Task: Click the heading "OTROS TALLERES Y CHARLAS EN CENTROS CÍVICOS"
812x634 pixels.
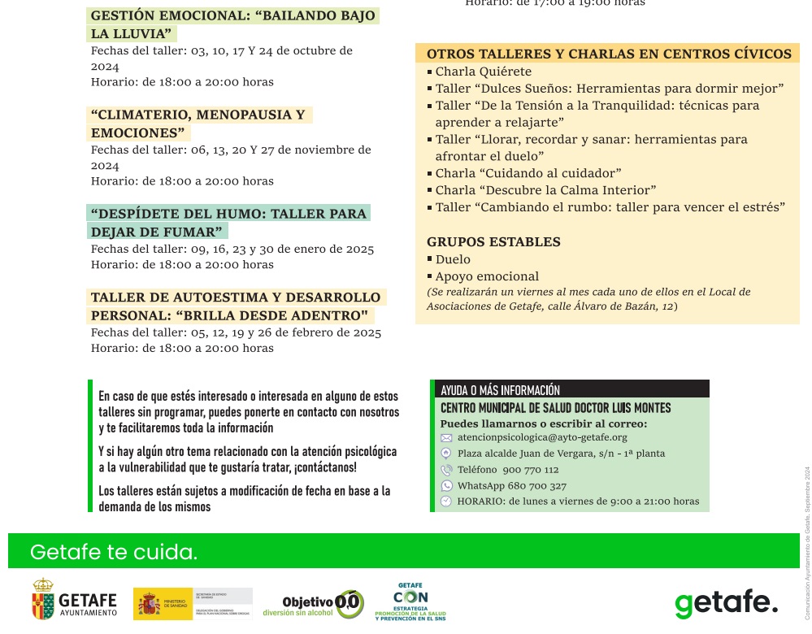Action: coord(609,54)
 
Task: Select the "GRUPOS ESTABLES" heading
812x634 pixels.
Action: coord(493,241)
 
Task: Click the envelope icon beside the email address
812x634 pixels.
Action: coord(446,437)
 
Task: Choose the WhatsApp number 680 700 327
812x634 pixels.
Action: coord(512,486)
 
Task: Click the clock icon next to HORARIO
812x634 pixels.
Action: coord(446,502)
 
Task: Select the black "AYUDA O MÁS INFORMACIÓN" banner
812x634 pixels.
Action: coord(569,389)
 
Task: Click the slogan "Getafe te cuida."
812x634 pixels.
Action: coord(114,553)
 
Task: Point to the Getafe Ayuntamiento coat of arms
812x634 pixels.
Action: coord(43,599)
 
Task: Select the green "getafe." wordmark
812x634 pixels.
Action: coord(726,603)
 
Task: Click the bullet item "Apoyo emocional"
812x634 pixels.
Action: coord(487,276)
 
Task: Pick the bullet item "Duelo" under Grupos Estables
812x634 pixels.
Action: coord(453,259)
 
